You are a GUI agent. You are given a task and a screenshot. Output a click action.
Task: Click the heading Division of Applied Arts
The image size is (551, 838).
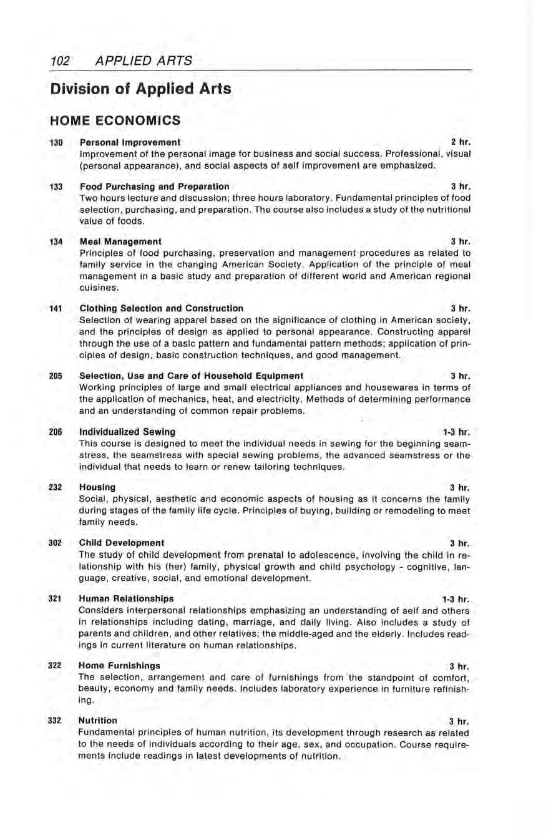[141, 89]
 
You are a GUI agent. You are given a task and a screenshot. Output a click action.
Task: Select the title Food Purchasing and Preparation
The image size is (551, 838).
[154, 187]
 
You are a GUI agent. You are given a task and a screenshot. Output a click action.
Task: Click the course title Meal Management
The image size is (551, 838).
[120, 241]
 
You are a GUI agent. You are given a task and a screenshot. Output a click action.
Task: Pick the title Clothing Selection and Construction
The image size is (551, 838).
[162, 308]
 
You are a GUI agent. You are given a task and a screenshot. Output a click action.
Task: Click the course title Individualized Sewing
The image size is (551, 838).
[127, 431]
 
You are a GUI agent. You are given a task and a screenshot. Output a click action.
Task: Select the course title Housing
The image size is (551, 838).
[97, 486]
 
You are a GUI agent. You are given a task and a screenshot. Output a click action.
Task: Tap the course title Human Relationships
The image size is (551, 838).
[127, 598]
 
